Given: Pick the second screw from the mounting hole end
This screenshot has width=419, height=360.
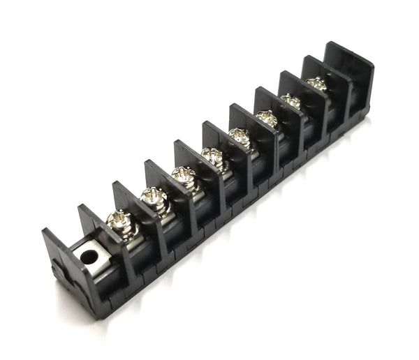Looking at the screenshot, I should [153, 199].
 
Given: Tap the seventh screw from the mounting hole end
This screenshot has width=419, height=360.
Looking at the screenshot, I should [291, 100].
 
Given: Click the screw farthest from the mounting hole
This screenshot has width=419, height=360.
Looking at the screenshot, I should [317, 84].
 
